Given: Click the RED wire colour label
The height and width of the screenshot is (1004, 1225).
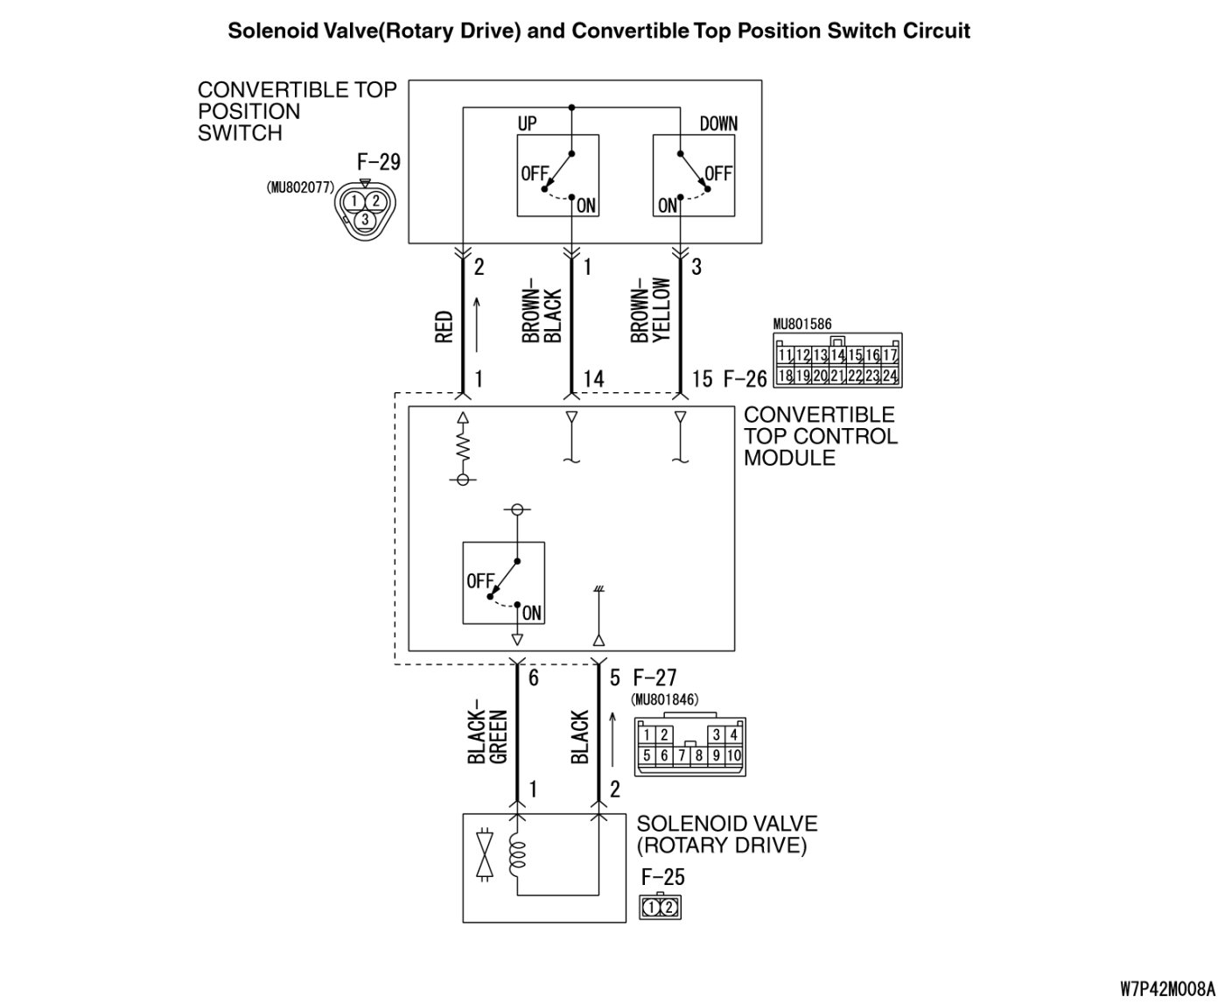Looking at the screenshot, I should (444, 326).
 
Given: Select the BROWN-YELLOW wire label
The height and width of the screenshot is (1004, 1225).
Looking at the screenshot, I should (651, 312).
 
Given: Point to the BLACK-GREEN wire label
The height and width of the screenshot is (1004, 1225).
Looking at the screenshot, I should (488, 732).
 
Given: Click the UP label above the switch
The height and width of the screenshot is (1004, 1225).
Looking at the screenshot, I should (527, 123).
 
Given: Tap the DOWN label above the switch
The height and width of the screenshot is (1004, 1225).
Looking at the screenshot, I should (718, 123).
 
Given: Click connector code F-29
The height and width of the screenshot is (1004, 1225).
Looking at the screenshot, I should (378, 162).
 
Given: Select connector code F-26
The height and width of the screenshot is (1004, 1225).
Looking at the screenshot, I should (745, 379).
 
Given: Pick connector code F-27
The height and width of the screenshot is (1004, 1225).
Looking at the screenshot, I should (654, 678).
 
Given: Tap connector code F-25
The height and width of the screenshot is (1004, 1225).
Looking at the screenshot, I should (662, 877).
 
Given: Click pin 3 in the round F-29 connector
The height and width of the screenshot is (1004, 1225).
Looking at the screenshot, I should (364, 219).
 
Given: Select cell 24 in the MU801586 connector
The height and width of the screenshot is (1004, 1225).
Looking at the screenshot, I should (889, 376).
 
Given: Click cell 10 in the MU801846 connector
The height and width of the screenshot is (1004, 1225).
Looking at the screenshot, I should (733, 755).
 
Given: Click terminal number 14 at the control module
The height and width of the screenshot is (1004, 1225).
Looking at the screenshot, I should (592, 379).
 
